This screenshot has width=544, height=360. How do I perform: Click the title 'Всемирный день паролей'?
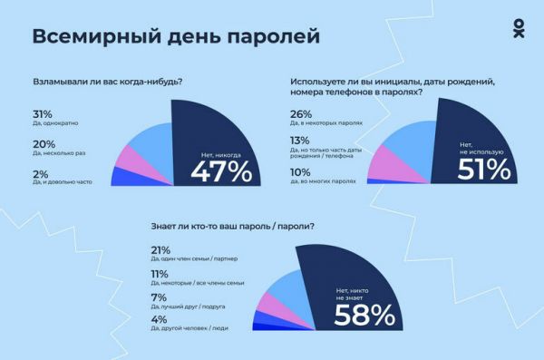point(176,36)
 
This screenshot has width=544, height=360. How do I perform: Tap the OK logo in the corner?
point(518,28)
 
